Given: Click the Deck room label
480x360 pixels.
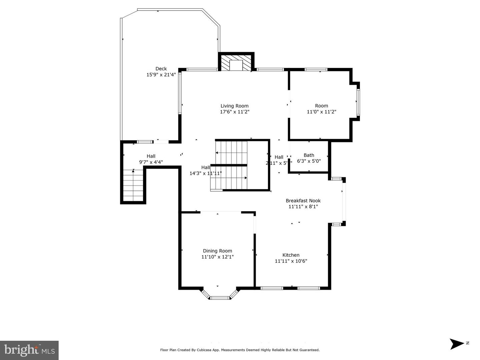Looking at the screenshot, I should coord(161,69).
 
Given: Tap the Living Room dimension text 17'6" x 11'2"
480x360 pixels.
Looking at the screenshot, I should coord(235,112).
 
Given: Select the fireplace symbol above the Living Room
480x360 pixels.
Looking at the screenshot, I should coord(236,63).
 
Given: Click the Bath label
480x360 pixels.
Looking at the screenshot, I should coord(309,155).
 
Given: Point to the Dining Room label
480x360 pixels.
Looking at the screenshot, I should coord(217,251).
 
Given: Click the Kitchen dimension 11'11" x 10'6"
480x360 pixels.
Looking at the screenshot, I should coord(291,261).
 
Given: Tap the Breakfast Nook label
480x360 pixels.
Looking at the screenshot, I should coord(303,200).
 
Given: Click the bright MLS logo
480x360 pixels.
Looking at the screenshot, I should coord(29,350).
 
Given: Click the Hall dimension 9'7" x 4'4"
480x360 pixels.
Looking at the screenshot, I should coord(151,162).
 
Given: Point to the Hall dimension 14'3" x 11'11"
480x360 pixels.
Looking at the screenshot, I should coord(206,173).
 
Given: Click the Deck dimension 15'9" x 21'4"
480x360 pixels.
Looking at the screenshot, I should coord(161,75).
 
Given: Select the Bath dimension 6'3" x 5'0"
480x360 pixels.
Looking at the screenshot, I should coord(309,161).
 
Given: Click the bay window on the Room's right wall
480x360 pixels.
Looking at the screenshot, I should coord(358,102).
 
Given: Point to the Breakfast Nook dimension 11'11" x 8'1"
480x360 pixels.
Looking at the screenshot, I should coord(303,206).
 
